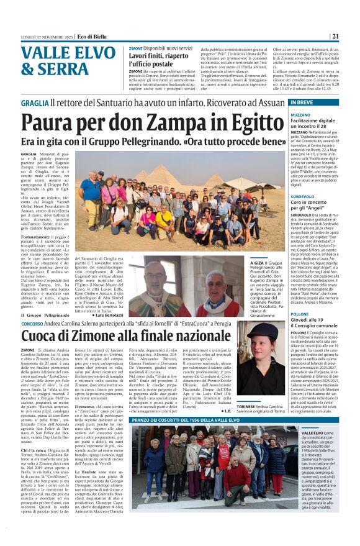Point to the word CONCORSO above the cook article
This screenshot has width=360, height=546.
[x=32, y=324]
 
